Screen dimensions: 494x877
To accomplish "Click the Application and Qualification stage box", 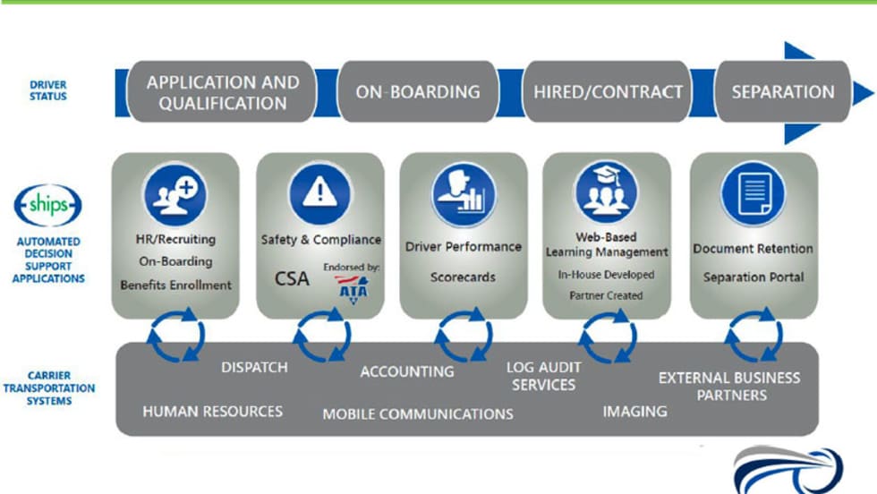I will point(223,92).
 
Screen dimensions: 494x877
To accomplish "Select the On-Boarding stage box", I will point(417,92).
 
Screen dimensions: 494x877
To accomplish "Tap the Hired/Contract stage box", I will point(608,92).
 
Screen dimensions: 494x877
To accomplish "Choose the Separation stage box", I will point(782,92).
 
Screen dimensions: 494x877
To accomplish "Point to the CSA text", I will point(292,278).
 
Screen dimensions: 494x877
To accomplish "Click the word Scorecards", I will point(463,277).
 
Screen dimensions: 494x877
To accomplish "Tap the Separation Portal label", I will point(753,277).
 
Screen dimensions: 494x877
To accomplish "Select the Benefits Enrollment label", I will point(175,285).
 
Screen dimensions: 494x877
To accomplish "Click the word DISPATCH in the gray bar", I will point(254,367).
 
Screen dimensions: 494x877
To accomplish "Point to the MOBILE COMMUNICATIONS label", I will point(418,414).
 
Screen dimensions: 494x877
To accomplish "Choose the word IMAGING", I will point(634,412).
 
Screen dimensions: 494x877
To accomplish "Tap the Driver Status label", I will point(47,90).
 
